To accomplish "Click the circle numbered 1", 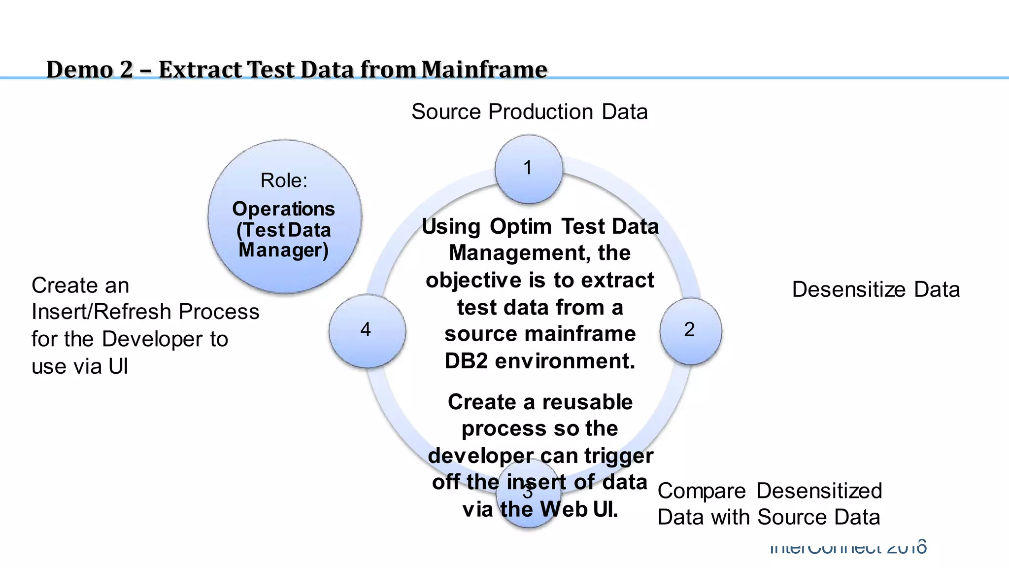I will click(529, 169).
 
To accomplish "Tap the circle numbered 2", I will click(690, 330).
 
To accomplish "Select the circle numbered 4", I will click(367, 330).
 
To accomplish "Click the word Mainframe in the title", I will click(484, 69).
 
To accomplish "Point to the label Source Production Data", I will click(529, 112).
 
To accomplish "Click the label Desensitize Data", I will click(875, 289).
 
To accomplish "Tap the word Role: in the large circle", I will click(284, 180).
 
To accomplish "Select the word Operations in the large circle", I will click(283, 209).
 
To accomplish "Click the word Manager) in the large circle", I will click(283, 250).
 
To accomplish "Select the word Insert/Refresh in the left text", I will click(101, 312).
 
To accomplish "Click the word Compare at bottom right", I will click(702, 491).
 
